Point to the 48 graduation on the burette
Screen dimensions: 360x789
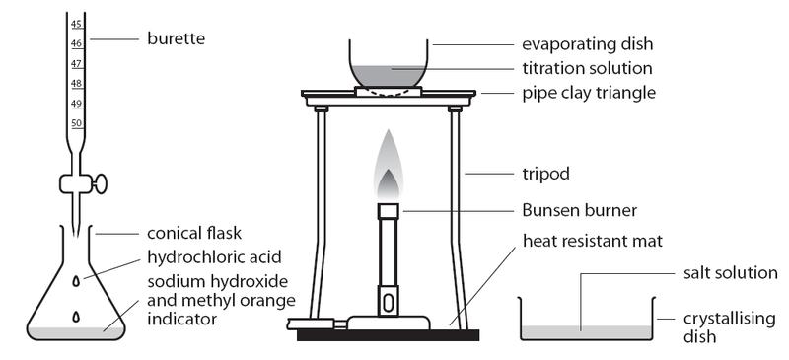point(76,83)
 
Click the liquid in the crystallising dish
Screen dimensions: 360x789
point(586,331)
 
